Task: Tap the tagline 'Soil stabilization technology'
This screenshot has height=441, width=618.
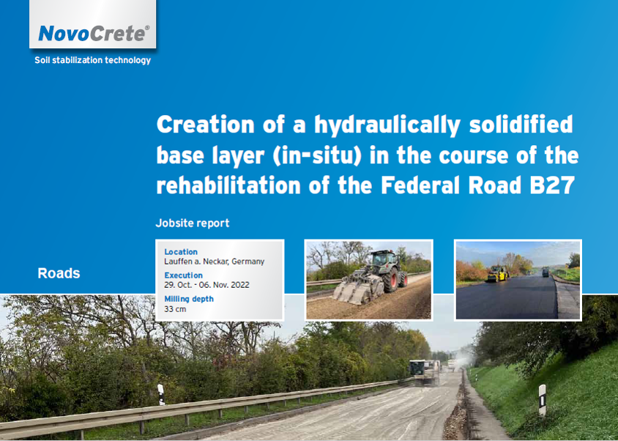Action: pos(92,60)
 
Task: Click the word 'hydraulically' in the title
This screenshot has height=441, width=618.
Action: pos(387,125)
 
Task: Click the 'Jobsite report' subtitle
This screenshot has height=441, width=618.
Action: pos(193,223)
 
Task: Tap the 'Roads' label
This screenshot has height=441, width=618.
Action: pos(59,273)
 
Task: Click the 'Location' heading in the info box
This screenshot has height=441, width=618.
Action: pos(181,252)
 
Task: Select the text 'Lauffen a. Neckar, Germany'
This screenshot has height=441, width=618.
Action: pos(214,262)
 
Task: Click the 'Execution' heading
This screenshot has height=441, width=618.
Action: pos(183,275)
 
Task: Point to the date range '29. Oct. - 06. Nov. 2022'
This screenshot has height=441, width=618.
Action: pos(206,285)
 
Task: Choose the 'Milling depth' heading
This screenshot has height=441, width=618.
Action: pos(189,299)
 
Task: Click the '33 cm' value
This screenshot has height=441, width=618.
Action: pos(175,309)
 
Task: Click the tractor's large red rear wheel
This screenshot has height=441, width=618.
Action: pos(390,280)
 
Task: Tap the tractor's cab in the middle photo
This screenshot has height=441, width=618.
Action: pos(384,259)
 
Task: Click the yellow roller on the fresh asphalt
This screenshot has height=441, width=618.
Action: pos(496,274)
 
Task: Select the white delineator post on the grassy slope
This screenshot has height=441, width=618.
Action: pos(543,399)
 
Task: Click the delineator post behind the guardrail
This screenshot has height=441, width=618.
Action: pos(161,394)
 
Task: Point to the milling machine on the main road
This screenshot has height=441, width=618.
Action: pos(424,372)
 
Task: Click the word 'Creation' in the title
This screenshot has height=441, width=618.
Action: pos(205,125)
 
